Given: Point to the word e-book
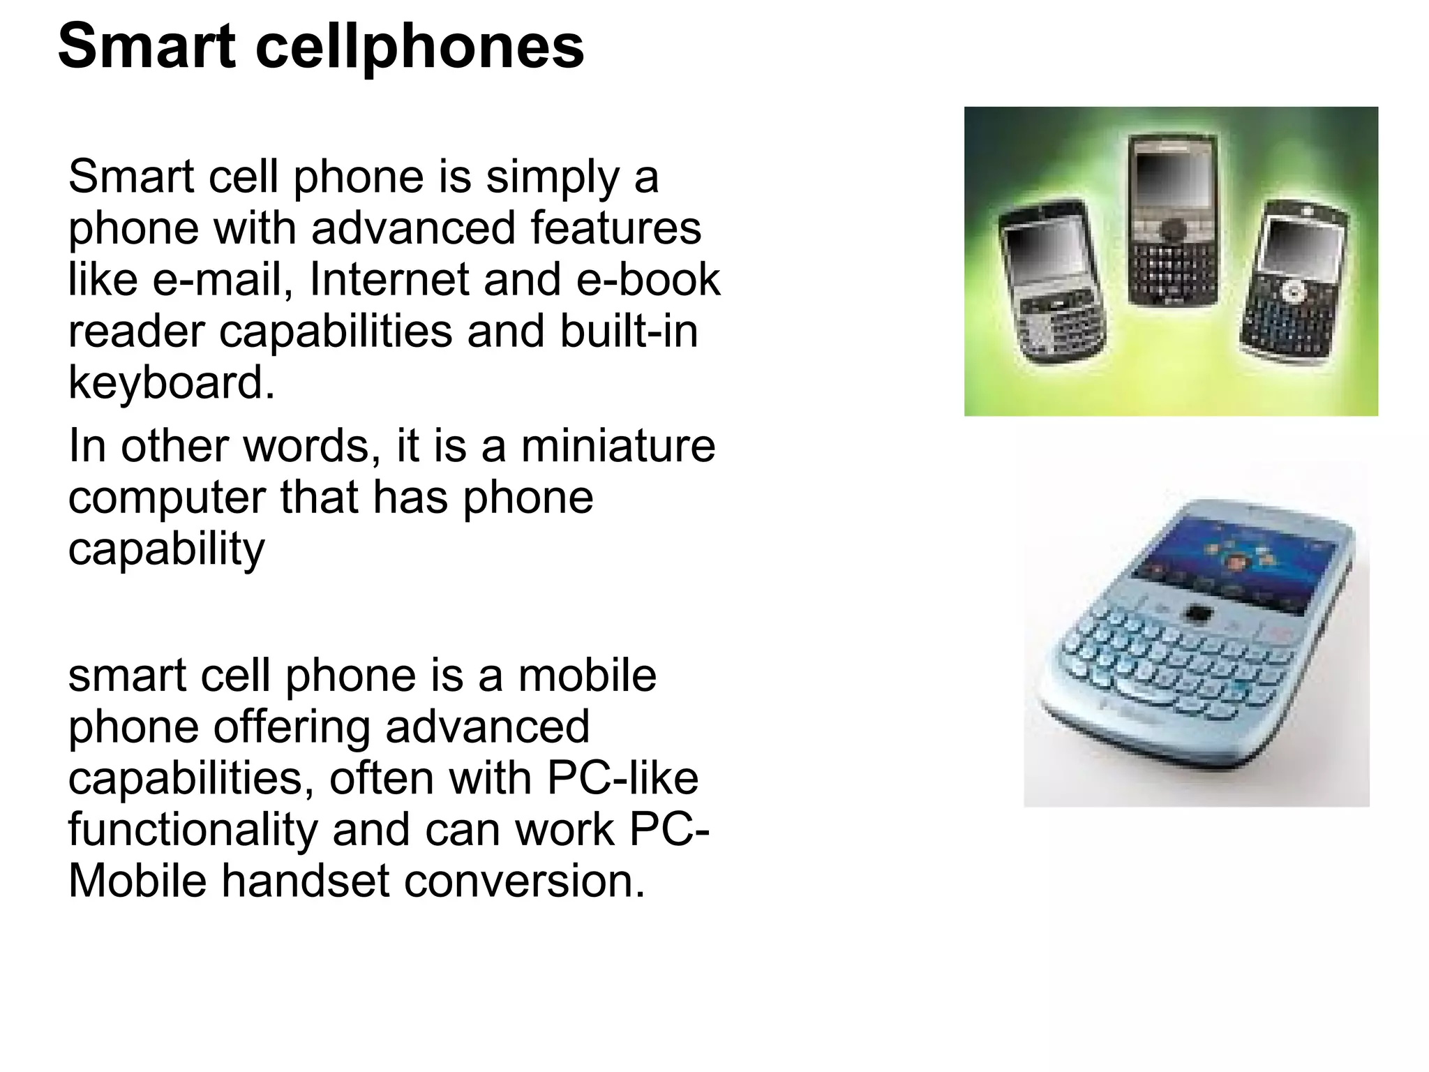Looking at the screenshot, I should click(648, 279).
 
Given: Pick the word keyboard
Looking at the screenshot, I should click(171, 382).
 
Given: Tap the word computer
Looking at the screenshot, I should click(167, 498).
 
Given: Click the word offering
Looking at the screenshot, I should click(293, 727).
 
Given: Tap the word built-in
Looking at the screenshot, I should click(628, 331).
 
